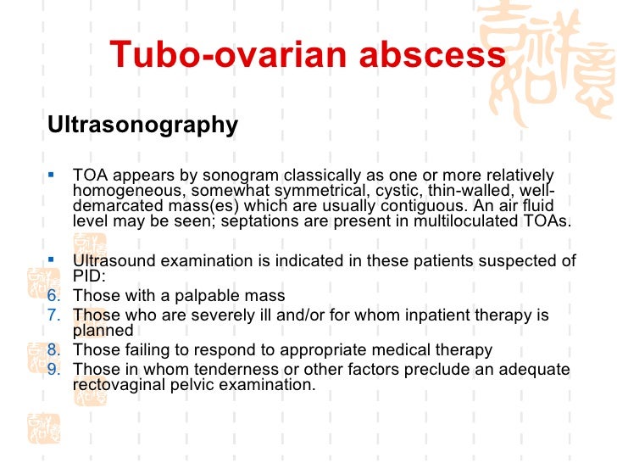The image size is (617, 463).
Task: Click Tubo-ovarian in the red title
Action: tap(215, 56)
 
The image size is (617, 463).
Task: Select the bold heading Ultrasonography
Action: tap(143, 126)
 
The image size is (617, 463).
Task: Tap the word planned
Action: tap(103, 331)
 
